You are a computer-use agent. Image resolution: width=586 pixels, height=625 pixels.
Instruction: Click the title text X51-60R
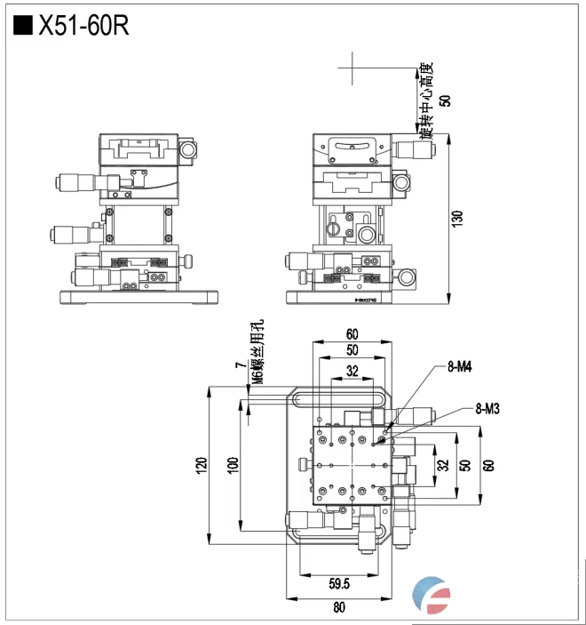[x=83, y=26]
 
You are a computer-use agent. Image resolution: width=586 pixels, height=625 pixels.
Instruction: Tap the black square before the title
[x=23, y=26]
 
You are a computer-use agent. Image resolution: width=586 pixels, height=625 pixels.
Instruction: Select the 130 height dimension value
[x=457, y=219]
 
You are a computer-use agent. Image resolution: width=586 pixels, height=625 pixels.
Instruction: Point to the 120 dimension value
[x=202, y=463]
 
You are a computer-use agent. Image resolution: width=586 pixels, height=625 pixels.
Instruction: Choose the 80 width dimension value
[x=340, y=607]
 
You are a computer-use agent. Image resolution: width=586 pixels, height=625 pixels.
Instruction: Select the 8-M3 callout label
[x=488, y=409]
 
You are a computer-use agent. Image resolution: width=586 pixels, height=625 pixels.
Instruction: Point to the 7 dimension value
[x=240, y=365]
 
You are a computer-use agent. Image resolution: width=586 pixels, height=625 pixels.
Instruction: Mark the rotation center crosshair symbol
[x=352, y=67]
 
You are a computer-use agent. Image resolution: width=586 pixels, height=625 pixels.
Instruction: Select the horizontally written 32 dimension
[x=352, y=372]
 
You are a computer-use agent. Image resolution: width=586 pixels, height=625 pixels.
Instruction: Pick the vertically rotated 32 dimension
[x=442, y=463]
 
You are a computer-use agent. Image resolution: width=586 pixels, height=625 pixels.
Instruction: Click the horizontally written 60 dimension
[x=352, y=334]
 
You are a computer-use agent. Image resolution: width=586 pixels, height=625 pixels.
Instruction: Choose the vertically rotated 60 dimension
[x=487, y=463]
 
